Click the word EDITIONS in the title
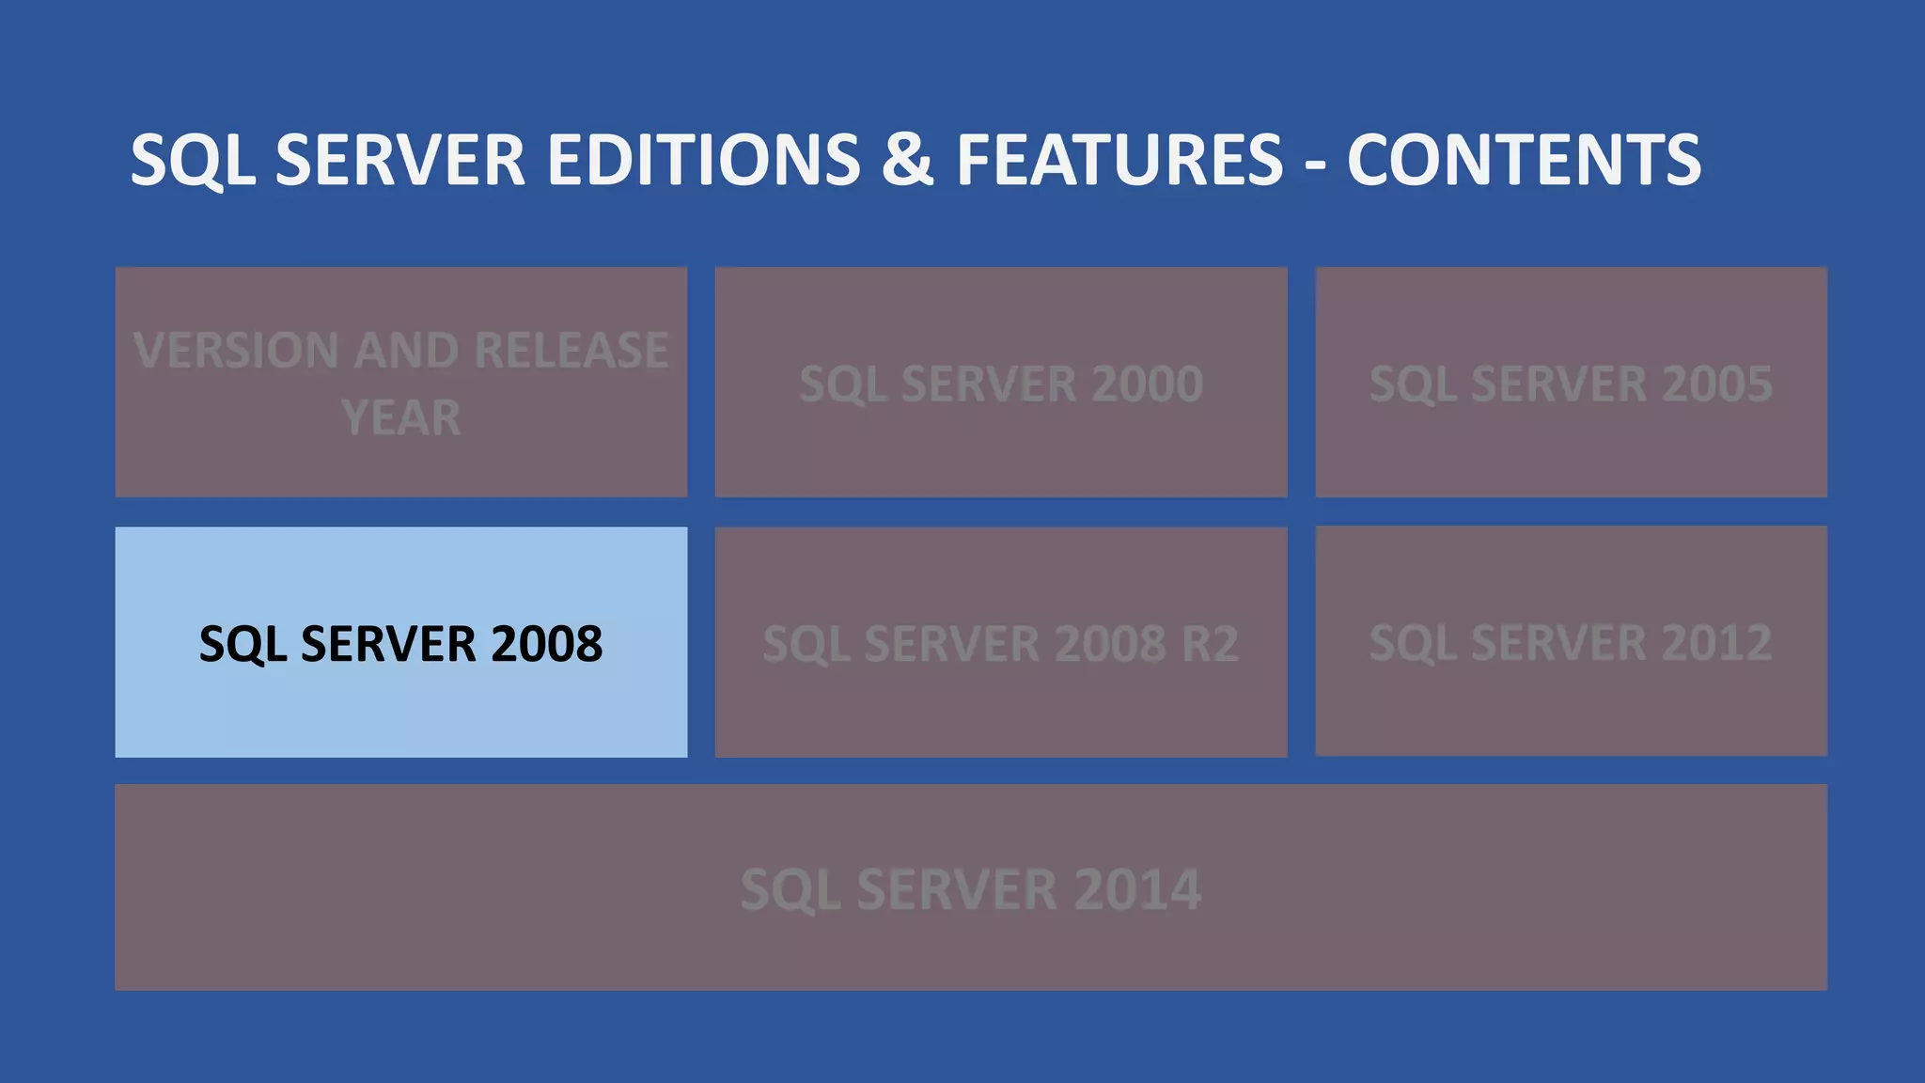point(703,160)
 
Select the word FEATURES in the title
point(1119,160)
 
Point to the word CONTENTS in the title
point(1524,160)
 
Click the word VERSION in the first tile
point(236,351)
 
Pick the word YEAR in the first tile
point(401,418)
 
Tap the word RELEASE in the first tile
point(571,351)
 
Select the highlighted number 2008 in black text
point(546,644)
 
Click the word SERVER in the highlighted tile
point(388,644)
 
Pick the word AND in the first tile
point(407,351)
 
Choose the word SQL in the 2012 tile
point(1412,645)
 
